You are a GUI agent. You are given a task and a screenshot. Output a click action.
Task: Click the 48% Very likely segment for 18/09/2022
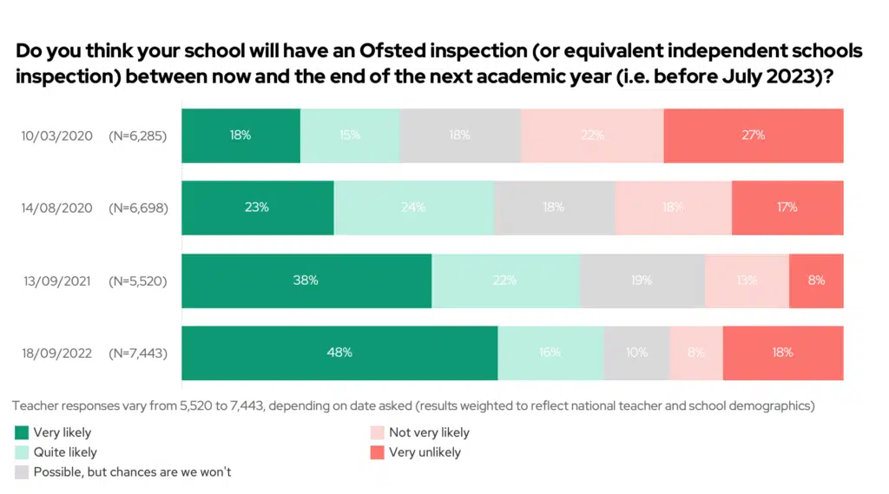click(x=339, y=352)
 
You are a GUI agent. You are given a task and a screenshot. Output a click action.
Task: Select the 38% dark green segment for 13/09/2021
click(x=306, y=280)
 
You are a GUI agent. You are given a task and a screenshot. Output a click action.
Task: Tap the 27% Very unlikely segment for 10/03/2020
click(x=753, y=135)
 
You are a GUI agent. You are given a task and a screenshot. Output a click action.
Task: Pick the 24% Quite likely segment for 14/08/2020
click(x=413, y=207)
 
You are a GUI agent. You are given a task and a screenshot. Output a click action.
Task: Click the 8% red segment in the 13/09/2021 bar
click(x=816, y=280)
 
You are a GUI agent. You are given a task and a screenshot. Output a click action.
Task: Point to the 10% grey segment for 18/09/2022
click(x=636, y=352)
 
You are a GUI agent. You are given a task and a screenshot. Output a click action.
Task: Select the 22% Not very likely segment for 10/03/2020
click(x=592, y=135)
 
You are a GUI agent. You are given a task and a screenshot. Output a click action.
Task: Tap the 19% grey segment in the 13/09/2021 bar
click(x=642, y=280)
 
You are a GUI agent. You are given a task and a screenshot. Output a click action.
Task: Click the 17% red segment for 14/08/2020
click(x=787, y=207)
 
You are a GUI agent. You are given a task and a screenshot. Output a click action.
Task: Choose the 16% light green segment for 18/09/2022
click(x=550, y=352)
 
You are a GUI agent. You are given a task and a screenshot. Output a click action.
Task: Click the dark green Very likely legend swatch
click(x=23, y=432)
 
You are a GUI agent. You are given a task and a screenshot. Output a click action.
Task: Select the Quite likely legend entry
click(x=65, y=452)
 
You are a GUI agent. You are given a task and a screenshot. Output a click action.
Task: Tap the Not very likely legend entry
click(x=429, y=432)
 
